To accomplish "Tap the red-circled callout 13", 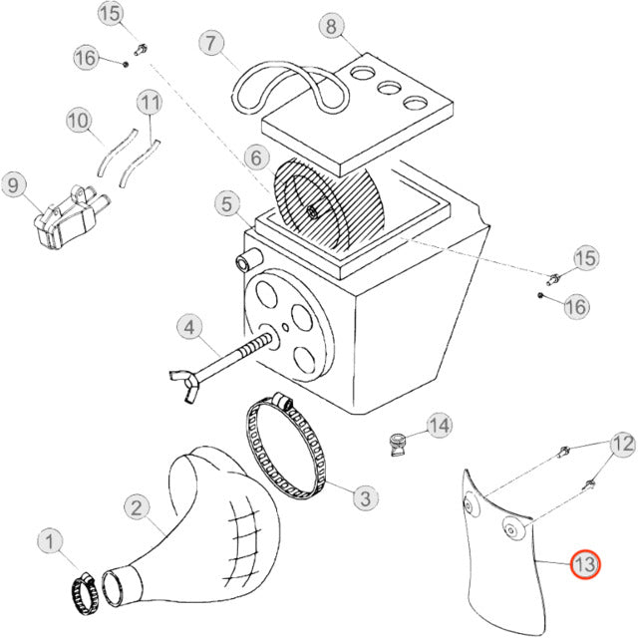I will coord(584,565).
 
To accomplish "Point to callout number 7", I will coord(210,43).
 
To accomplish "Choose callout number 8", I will coord(331,26).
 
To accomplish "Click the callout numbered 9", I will coord(13,185).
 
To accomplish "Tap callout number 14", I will coord(440,426).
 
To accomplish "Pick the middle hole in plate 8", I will coord(383,87).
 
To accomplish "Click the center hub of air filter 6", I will coord(313,209).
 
